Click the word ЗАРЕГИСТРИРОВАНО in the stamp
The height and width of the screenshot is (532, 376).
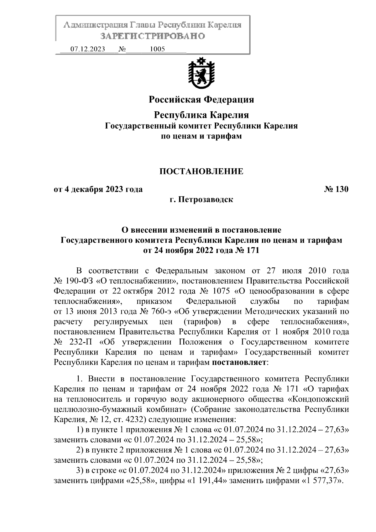click(x=153, y=36)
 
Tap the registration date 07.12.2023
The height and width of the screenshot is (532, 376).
click(x=87, y=49)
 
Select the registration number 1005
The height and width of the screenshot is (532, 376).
click(x=157, y=49)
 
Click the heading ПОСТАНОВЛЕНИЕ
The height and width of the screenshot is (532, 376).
click(x=201, y=171)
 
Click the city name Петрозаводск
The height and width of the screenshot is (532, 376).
click(x=206, y=199)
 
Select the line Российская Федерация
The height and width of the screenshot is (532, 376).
click(x=201, y=100)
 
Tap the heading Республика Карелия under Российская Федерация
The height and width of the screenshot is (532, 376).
click(x=201, y=115)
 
